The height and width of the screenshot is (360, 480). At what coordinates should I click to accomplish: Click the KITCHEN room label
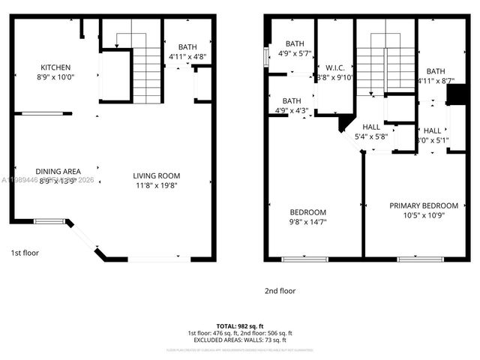(x=55, y=67)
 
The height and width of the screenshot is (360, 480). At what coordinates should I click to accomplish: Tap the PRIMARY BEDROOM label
(x=423, y=205)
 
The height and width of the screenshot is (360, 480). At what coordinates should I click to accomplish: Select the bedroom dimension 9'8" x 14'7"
(x=308, y=221)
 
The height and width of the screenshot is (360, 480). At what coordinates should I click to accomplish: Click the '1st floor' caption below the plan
(x=25, y=253)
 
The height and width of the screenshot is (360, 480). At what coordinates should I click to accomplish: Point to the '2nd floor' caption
(x=280, y=290)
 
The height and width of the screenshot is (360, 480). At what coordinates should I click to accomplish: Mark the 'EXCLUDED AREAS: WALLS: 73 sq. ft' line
(x=240, y=340)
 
